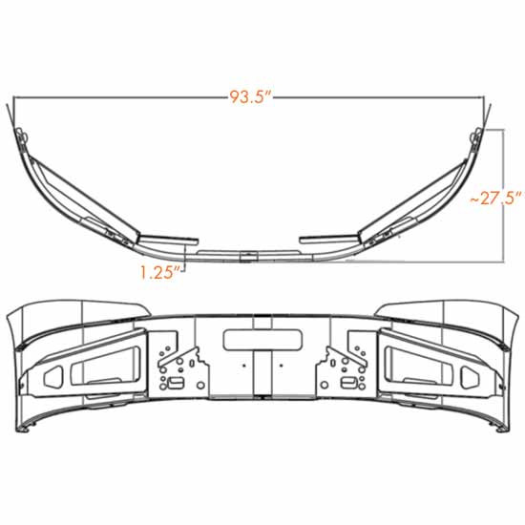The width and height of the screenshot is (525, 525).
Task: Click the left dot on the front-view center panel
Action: tap(244, 364)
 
